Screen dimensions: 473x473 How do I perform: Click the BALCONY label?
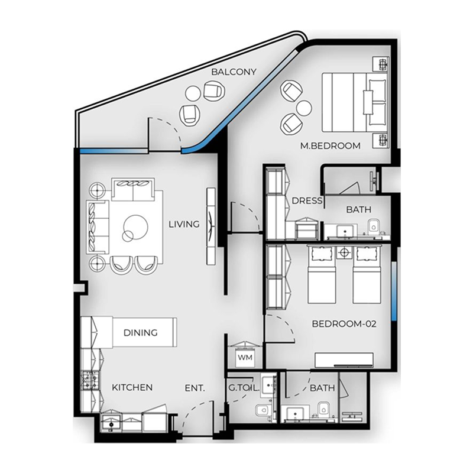(x=234, y=72)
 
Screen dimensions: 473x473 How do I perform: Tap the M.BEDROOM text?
(x=331, y=145)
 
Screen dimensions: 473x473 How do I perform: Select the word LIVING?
(x=184, y=224)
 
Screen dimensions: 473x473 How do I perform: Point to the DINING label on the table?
(x=141, y=333)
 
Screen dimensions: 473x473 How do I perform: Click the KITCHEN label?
(x=132, y=387)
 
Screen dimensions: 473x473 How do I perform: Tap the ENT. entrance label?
(x=195, y=388)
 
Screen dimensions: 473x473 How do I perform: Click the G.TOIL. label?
(x=244, y=388)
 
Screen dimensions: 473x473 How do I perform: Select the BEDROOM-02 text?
(x=344, y=324)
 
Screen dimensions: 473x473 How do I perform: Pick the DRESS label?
(x=307, y=200)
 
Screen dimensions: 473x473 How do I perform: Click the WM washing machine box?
(x=245, y=358)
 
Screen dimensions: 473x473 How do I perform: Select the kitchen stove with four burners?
(x=90, y=380)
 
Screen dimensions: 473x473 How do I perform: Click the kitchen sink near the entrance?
(x=111, y=423)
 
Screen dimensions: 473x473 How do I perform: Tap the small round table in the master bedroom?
(x=304, y=108)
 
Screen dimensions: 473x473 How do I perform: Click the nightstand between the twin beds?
(x=344, y=252)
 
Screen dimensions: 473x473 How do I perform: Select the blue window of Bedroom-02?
(x=394, y=290)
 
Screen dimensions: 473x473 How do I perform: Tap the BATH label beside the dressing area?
(x=359, y=209)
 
